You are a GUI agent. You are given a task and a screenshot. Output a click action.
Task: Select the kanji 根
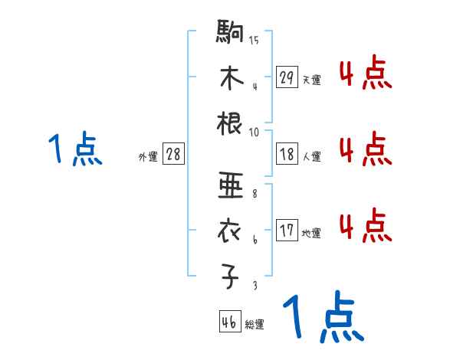[230, 123]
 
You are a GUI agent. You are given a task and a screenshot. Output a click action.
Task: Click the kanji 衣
[230, 231]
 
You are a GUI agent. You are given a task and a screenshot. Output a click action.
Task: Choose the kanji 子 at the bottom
[230, 277]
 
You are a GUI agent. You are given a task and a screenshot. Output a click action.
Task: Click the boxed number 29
[287, 77]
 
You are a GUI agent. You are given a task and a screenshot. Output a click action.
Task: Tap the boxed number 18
[287, 155]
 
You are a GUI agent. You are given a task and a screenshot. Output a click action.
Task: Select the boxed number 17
[287, 231]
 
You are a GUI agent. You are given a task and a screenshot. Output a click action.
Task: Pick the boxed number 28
[173, 155]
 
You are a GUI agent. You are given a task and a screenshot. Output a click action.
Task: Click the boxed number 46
[229, 322]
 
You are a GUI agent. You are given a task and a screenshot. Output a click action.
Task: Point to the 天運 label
[311, 80]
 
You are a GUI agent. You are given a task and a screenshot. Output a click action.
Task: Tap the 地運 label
[311, 233]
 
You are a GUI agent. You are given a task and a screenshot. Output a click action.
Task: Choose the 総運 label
[255, 325]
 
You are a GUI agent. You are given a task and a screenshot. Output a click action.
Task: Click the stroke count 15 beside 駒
[254, 41]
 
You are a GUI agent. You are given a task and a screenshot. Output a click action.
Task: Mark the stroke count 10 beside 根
[254, 132]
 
